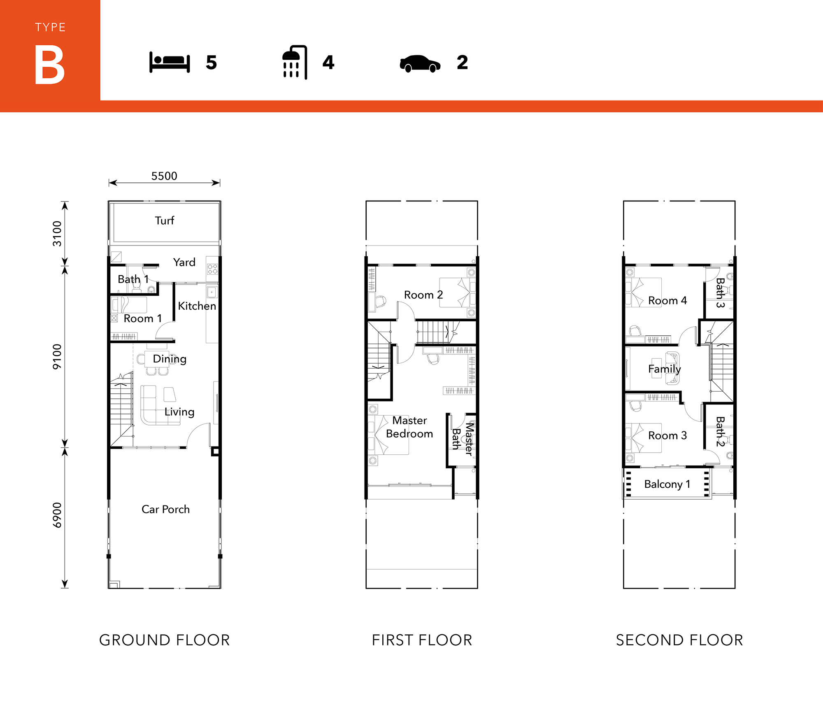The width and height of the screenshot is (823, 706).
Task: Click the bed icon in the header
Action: pyautogui.click(x=170, y=62)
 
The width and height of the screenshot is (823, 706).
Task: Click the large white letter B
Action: pyautogui.click(x=50, y=65)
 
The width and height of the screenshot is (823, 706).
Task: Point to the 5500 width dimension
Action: pyautogui.click(x=164, y=176)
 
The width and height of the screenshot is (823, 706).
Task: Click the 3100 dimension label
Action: pyautogui.click(x=57, y=234)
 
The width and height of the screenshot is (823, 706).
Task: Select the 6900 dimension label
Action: pyautogui.click(x=57, y=515)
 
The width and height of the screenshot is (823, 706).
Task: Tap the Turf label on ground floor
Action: pyautogui.click(x=165, y=220)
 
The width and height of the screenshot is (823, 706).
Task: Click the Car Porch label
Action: pyautogui.click(x=165, y=510)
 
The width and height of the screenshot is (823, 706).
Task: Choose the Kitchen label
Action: pyautogui.click(x=197, y=306)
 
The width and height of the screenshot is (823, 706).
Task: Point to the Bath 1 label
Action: pyautogui.click(x=133, y=279)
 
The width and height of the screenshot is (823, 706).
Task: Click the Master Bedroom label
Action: pyautogui.click(x=409, y=427)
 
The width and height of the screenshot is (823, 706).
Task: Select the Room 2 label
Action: pyautogui.click(x=423, y=295)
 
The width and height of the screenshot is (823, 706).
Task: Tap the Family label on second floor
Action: pyautogui.click(x=664, y=369)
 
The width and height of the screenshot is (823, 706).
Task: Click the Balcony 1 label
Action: pyautogui.click(x=667, y=484)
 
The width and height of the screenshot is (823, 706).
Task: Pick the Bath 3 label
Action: pyautogui.click(x=720, y=293)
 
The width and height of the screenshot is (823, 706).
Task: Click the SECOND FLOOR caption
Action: pyautogui.click(x=679, y=640)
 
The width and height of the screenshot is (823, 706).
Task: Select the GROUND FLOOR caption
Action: pyautogui.click(x=164, y=640)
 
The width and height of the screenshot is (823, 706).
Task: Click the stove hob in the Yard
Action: pyautogui.click(x=212, y=269)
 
